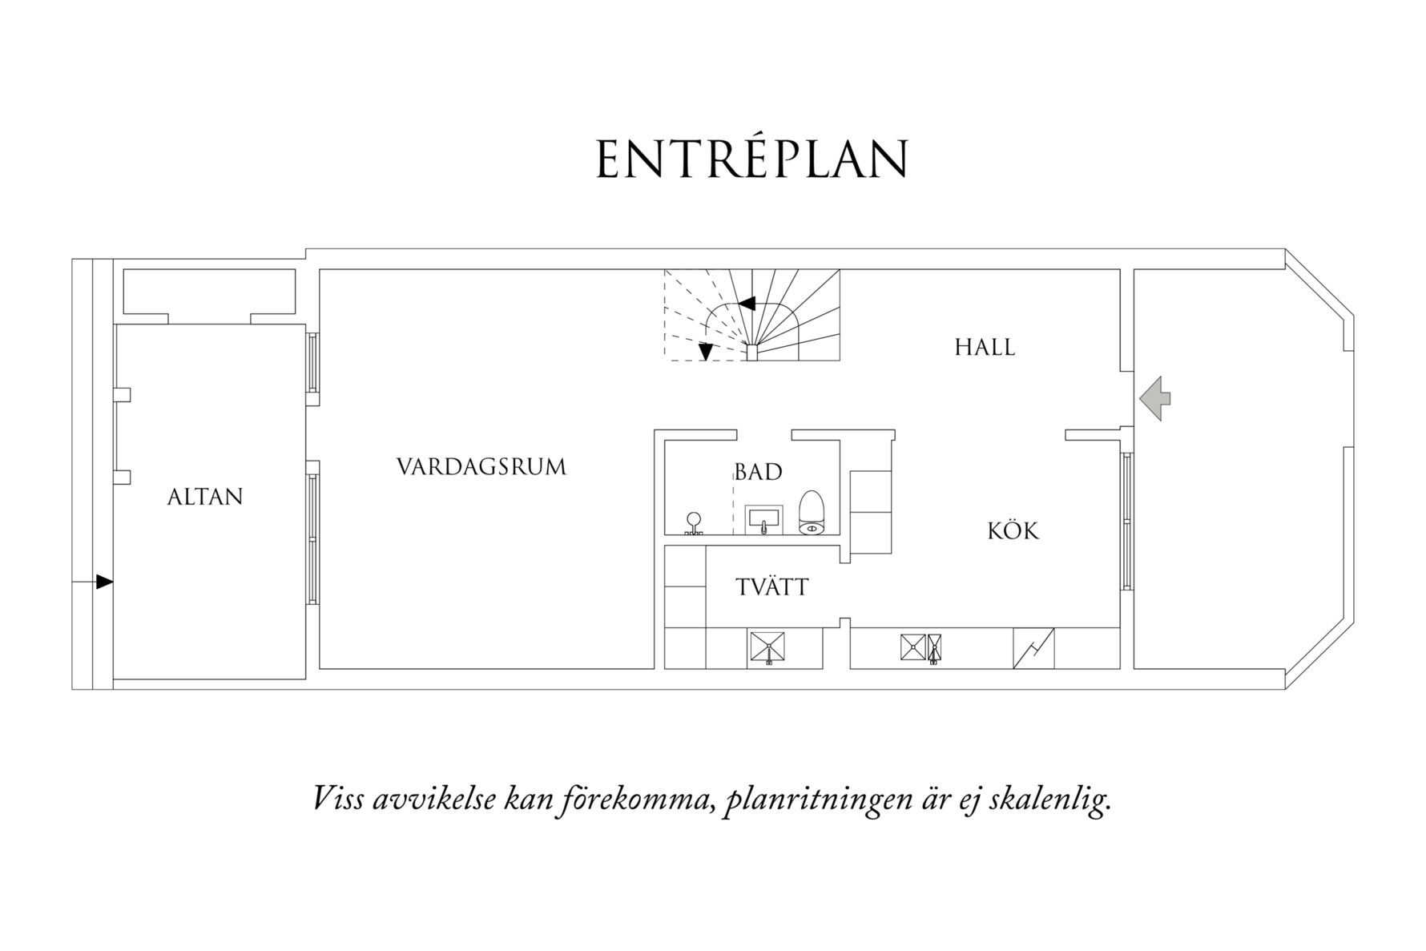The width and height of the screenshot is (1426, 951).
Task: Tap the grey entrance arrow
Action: (1154, 399)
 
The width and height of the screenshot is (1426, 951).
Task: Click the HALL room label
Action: (985, 348)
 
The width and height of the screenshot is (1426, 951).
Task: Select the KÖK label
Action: (1013, 531)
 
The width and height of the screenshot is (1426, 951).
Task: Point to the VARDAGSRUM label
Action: (481, 467)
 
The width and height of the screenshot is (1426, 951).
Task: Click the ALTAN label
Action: (204, 497)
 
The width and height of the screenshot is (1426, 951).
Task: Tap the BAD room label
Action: (758, 472)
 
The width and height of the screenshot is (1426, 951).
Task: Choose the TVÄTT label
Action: (772, 587)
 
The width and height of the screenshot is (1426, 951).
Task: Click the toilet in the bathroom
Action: (812, 513)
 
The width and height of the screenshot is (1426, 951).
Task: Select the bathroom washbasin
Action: (764, 519)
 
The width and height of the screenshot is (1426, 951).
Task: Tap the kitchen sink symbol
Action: (921, 647)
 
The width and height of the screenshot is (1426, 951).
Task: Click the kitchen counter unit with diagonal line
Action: (1033, 648)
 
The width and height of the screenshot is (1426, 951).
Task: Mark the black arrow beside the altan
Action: (104, 582)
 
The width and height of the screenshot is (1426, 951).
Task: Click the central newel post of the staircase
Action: (751, 353)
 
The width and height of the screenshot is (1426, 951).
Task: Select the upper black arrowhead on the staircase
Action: (747, 304)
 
